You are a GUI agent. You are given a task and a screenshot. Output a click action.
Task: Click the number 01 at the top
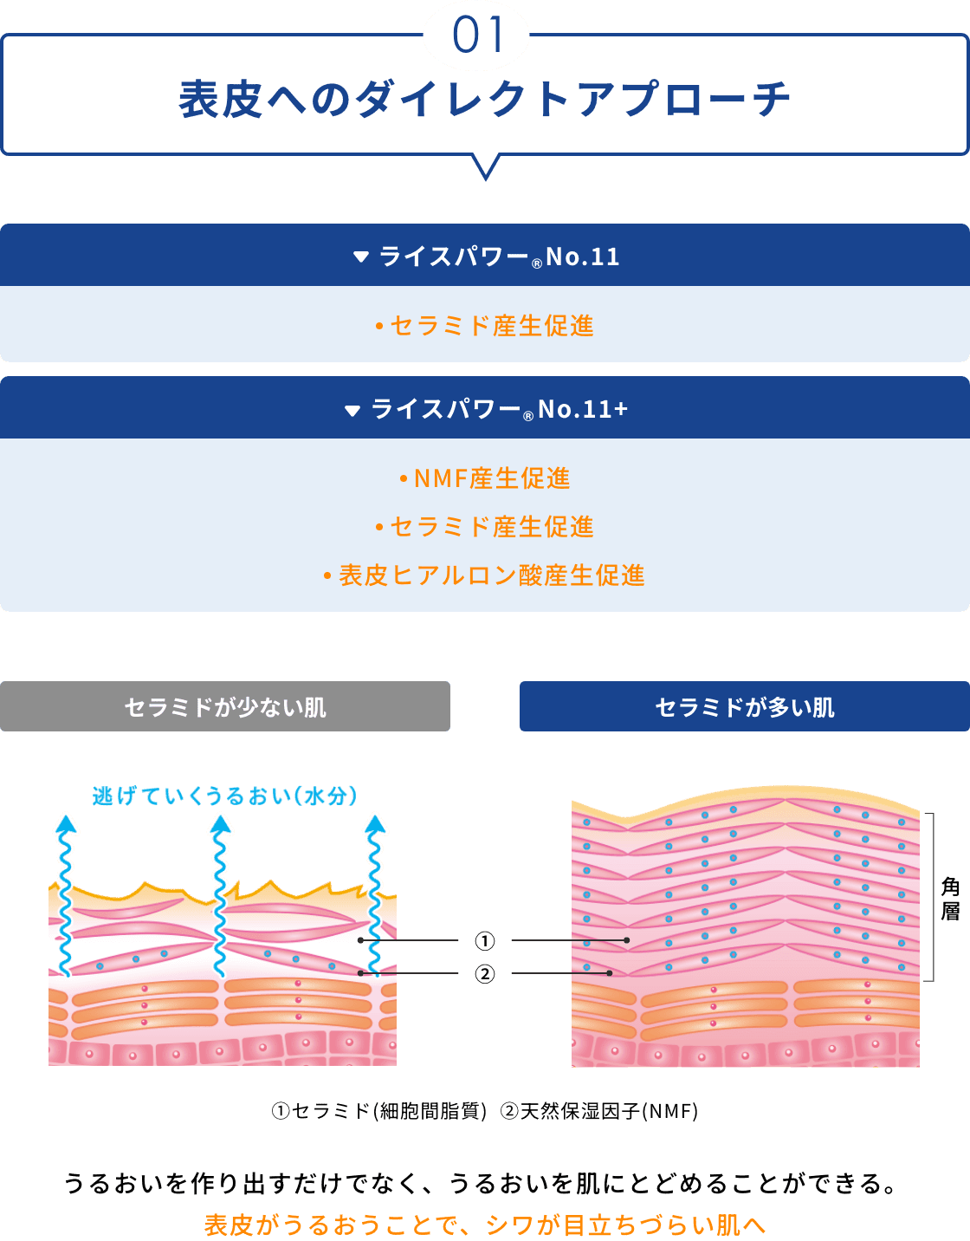click(477, 36)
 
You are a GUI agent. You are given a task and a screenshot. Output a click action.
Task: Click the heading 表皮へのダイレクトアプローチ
click(484, 99)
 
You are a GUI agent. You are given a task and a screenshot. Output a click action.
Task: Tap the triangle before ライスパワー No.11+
click(352, 410)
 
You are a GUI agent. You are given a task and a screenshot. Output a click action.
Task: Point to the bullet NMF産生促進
click(485, 478)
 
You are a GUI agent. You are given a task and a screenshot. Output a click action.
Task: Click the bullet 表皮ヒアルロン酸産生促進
click(485, 575)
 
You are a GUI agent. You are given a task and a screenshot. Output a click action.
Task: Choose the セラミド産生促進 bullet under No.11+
click(485, 527)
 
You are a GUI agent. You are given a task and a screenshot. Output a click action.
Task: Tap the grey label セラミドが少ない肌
click(225, 707)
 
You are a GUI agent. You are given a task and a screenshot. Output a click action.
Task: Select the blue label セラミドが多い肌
click(745, 707)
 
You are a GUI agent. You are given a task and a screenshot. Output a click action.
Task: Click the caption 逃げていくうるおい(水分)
click(225, 796)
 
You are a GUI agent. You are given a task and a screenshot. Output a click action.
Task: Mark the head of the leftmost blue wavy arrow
click(66, 824)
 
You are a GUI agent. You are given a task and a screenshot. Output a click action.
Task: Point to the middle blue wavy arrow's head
click(221, 824)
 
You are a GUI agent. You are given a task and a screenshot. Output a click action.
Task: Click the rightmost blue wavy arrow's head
click(375, 824)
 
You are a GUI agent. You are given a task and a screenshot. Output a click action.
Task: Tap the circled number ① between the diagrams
click(485, 940)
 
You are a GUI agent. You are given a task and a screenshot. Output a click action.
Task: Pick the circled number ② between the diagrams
click(485, 974)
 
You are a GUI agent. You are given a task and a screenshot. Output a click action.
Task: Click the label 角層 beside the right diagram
click(950, 899)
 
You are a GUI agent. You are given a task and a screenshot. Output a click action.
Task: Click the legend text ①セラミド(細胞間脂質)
click(378, 1111)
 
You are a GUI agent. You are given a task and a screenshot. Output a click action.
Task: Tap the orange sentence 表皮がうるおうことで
click(485, 1225)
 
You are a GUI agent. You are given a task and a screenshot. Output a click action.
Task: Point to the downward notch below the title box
click(486, 168)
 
